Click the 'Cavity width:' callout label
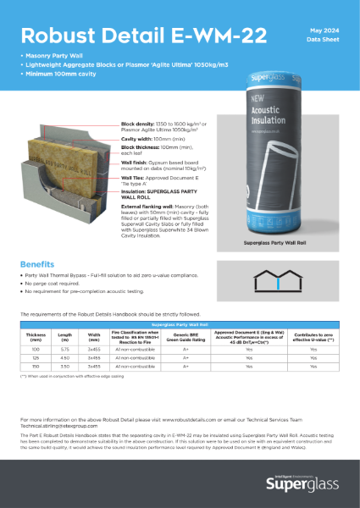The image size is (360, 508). [x=137, y=141]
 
